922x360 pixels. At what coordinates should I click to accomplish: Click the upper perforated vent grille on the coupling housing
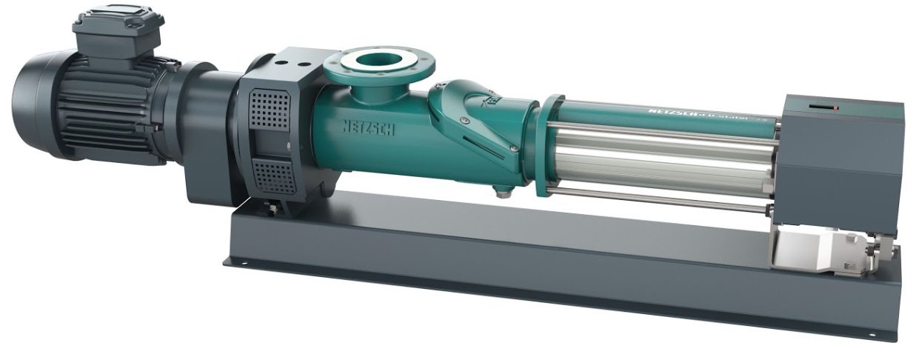pyautogui.click(x=269, y=110)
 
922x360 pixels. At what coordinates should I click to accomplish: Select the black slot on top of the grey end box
pyautogui.click(x=818, y=106)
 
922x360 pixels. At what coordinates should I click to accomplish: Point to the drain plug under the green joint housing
pyautogui.click(x=505, y=195)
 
